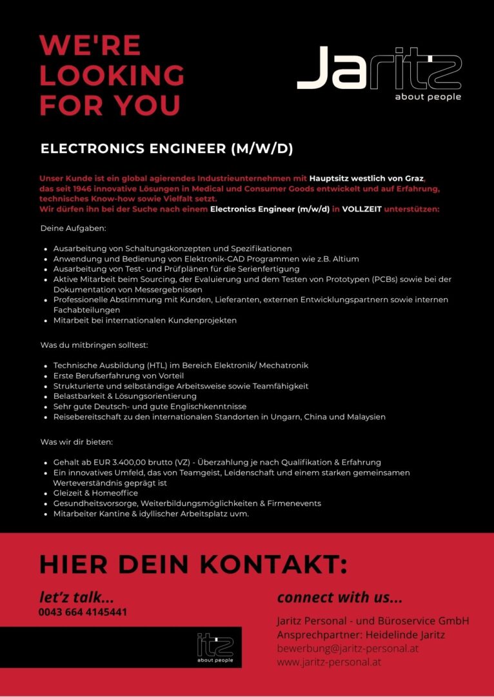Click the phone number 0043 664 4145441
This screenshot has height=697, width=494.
(x=83, y=612)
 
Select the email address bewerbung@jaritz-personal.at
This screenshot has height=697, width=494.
(x=348, y=648)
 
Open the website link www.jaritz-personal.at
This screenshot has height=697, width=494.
(x=329, y=662)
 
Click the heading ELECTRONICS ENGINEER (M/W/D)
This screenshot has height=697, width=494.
(x=166, y=149)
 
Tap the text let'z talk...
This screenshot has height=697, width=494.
(x=76, y=596)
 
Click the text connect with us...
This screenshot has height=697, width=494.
(x=339, y=597)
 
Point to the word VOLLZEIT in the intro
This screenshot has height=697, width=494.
(x=361, y=208)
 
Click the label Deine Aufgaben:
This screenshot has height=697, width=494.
(x=74, y=228)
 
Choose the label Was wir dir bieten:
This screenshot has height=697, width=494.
(x=77, y=442)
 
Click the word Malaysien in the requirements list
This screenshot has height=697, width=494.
(x=364, y=417)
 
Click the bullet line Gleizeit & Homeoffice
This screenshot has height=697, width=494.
(x=95, y=493)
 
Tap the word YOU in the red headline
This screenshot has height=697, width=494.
(x=148, y=105)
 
